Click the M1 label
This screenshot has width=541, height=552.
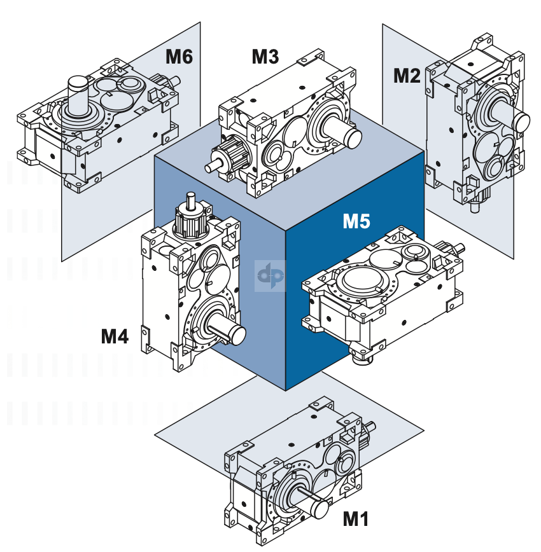click(356, 519)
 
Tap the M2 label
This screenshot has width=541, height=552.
click(407, 76)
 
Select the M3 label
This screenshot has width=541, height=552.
click(265, 57)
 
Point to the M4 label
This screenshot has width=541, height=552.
click(115, 336)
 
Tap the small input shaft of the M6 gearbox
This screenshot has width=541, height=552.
click(174, 81)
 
